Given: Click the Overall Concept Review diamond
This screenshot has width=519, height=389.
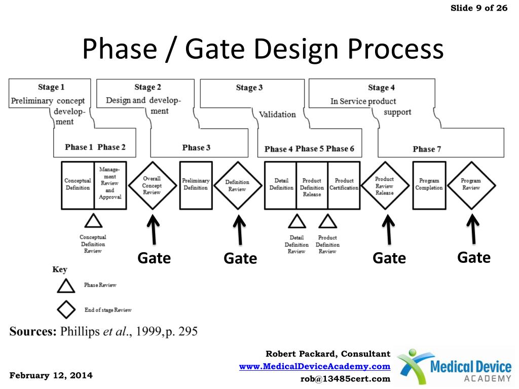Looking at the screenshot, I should coord(152,185).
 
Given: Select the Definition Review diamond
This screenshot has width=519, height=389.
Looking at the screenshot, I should coord(237,185).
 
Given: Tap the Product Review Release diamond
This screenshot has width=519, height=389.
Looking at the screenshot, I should coord(384,185).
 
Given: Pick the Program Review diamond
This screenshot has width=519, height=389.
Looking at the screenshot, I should coord(471,185).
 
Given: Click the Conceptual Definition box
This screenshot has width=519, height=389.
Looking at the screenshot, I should coord(78,185).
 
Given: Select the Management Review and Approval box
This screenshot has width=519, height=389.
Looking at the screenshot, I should coord(110,185).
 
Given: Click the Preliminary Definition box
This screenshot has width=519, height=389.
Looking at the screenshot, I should coord(196,185).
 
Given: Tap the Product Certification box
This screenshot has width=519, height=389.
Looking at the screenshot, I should coord(344,185).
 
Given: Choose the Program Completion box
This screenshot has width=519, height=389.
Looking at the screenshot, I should coord(429,185).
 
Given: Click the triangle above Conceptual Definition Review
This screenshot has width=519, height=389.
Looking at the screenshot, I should coord(93,222).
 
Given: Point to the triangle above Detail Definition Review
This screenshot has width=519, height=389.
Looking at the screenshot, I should coord(296,222).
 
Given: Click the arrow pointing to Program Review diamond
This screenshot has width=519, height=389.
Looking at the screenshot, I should coord(473,229).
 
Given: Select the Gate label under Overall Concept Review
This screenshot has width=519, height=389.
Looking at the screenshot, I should coord(154,258).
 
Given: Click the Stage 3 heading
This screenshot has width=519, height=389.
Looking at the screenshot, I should coord(249,88).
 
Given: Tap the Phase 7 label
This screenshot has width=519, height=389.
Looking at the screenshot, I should coord(427,149).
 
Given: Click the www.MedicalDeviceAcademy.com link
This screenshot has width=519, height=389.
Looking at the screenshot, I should coord(315,366).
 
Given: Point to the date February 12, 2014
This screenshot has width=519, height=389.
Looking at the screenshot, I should coord(51,375).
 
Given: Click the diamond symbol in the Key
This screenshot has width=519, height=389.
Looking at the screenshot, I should coord(66,309).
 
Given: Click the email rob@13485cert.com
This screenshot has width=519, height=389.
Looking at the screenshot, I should coord(346,378).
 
